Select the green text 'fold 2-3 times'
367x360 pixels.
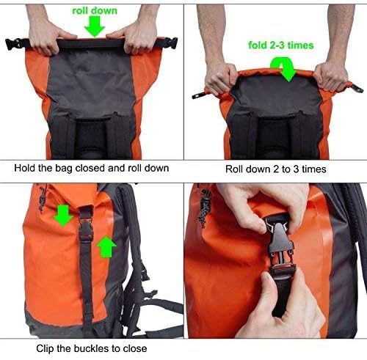coord(281,45)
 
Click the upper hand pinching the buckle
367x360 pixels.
coord(250,204)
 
